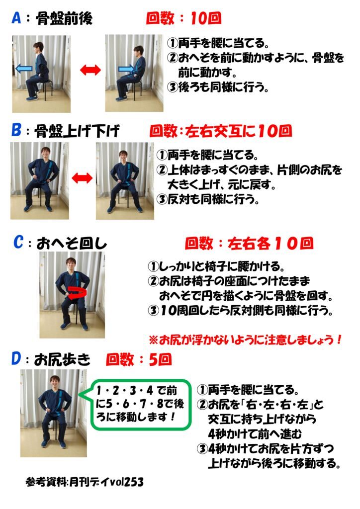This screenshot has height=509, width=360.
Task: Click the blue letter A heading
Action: (x=16, y=19)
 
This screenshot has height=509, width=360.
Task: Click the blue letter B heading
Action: (x=16, y=131)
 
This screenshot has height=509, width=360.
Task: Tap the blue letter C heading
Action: (x=18, y=243)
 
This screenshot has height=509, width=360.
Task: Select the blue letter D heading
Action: (x=16, y=359)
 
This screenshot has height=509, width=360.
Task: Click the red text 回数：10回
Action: (x=183, y=19)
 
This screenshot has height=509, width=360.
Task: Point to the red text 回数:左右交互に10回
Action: (x=220, y=131)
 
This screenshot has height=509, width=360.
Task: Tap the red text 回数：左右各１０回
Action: (x=249, y=244)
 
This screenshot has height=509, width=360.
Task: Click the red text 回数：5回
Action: (x=139, y=359)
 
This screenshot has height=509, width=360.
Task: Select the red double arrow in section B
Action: (x=82, y=177)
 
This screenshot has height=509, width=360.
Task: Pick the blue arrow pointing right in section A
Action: (x=126, y=69)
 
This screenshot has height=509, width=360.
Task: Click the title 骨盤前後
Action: (x=64, y=19)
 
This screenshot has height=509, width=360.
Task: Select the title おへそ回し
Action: (x=72, y=244)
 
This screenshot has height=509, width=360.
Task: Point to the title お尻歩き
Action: (x=63, y=359)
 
